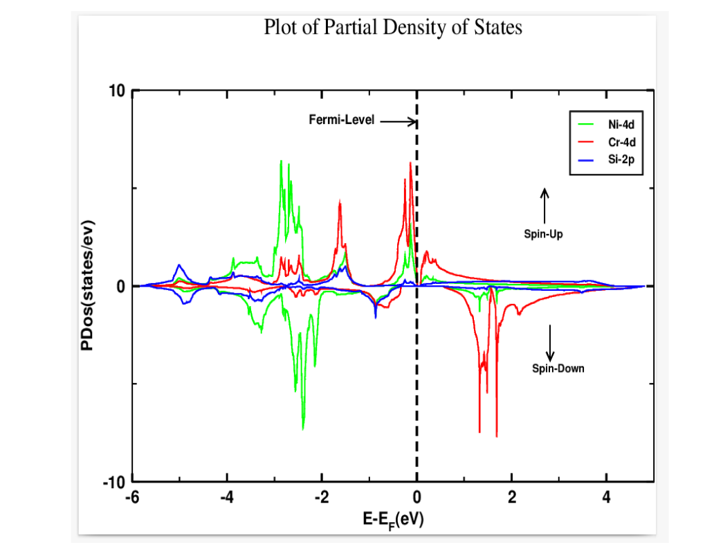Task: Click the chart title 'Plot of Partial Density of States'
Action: coord(392,28)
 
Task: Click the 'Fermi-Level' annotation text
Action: coord(341,120)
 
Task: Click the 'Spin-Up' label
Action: coord(543,234)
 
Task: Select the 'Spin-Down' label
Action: coord(558,368)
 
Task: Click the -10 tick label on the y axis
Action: coord(116,483)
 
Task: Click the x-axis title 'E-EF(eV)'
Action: coord(392,519)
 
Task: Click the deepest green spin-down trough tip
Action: coord(303,429)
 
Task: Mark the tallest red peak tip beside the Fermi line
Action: coord(410,163)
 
